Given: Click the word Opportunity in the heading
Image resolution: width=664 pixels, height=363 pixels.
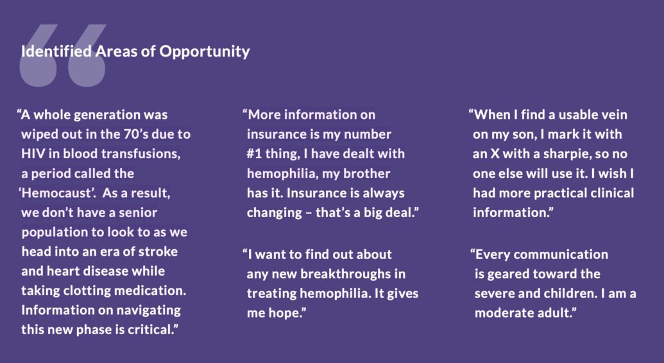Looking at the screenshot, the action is pos(205,52).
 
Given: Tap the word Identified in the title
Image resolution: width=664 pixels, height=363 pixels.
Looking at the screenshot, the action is pos(56,51).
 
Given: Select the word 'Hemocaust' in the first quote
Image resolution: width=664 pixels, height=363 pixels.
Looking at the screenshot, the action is pos(57,193).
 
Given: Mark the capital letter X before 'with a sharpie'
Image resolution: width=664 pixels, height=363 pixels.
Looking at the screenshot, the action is pos(495,154).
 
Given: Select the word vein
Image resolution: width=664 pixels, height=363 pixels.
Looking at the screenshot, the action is pos(612,114).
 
